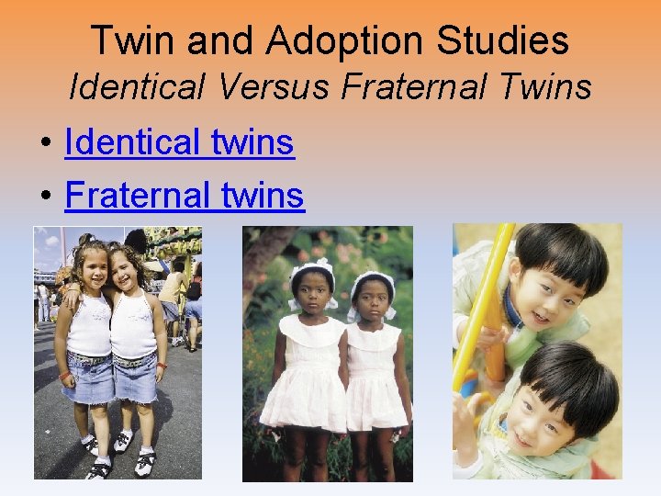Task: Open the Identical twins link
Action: [179, 142]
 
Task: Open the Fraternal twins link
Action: [185, 195]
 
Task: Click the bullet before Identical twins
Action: [44, 144]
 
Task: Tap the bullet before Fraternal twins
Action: [44, 197]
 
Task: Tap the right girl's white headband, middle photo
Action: [373, 278]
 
